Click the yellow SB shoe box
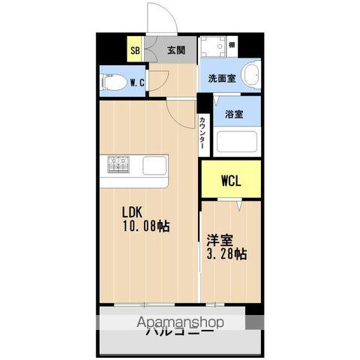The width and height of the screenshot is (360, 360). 135,51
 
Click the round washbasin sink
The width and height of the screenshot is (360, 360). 250,75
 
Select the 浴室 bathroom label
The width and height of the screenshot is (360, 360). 233,114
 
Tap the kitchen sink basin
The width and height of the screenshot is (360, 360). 155,163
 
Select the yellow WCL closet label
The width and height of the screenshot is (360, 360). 230,181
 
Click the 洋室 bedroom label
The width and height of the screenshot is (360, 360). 219,241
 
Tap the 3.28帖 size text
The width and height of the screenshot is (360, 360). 226,255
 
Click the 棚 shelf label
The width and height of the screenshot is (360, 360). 253,45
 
